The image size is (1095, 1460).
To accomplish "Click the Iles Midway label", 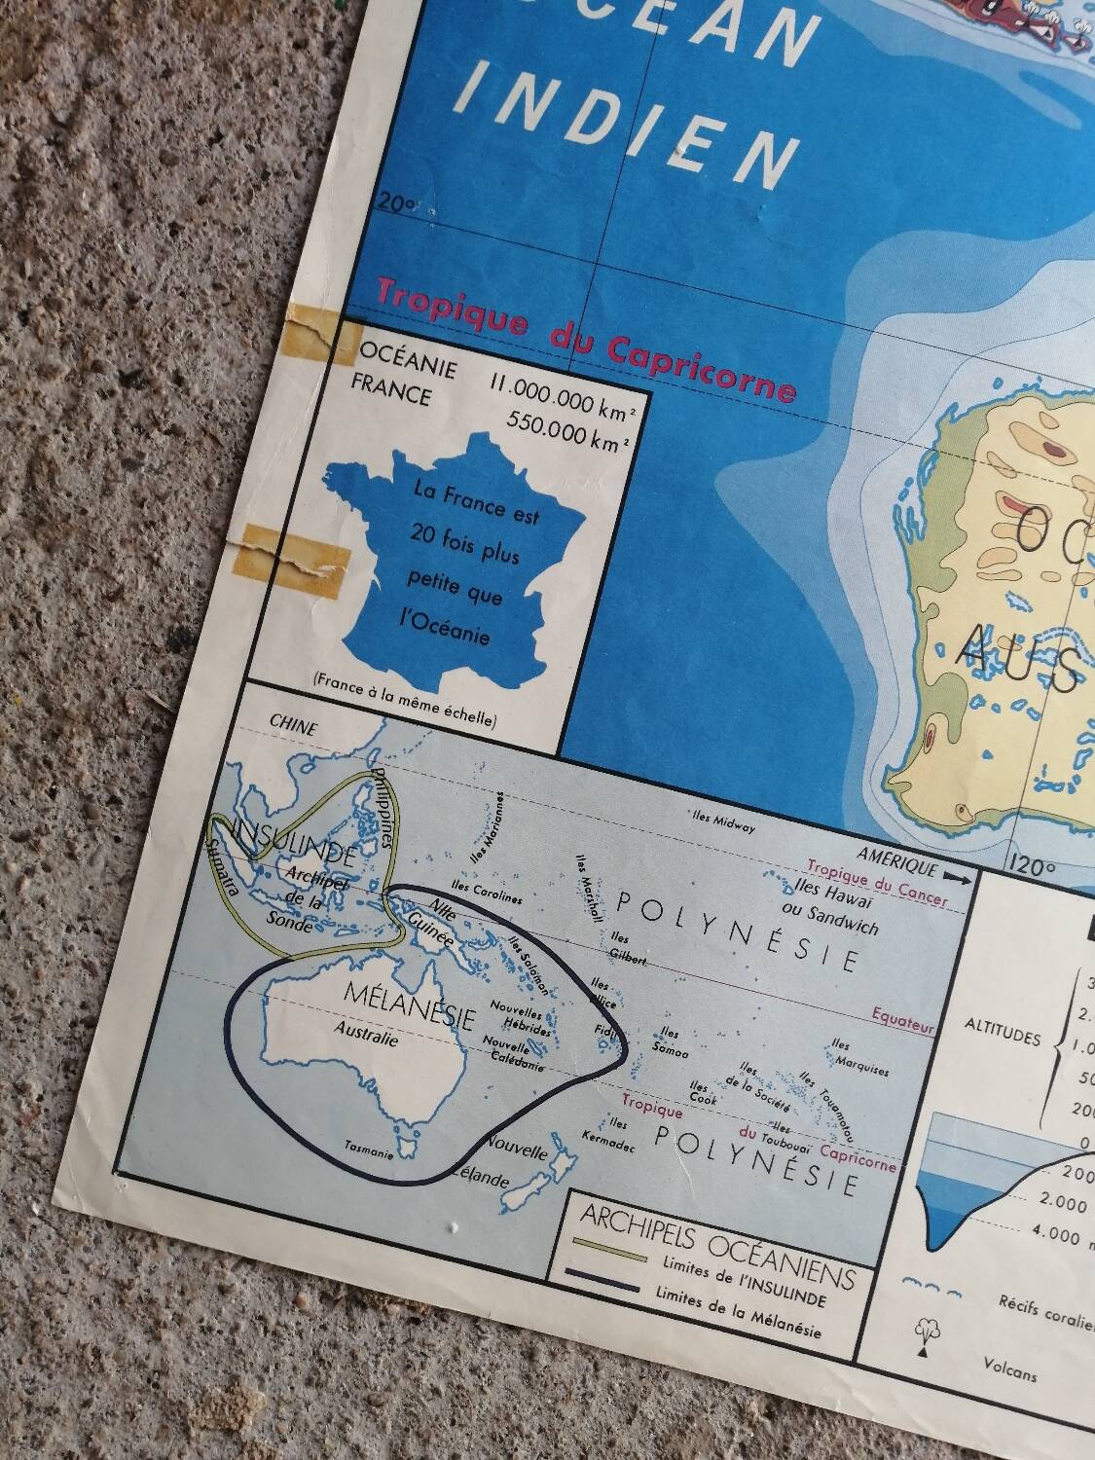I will (723, 822).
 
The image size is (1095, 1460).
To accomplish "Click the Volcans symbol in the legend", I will (922, 1338).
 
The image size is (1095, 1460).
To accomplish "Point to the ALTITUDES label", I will (1002, 1038).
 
